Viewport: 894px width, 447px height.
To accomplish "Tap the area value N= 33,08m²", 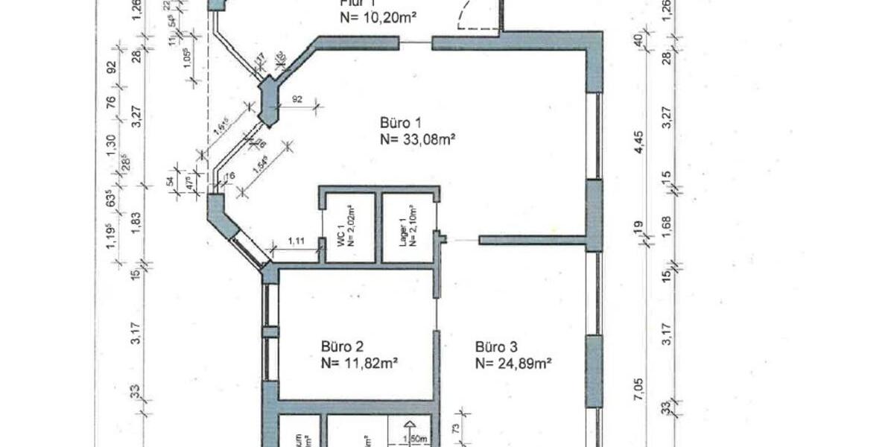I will [418, 139].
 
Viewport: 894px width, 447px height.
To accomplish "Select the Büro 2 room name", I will [342, 346].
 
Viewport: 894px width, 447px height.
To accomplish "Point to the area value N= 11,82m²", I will [358, 364].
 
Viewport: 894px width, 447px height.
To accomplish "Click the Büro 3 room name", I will [496, 346].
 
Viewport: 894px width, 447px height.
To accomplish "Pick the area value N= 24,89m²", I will [513, 364].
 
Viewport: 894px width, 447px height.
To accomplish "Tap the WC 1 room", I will [349, 228].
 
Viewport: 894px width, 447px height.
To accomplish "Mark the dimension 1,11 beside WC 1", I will [297, 240].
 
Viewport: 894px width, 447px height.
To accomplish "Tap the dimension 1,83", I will [135, 223].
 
